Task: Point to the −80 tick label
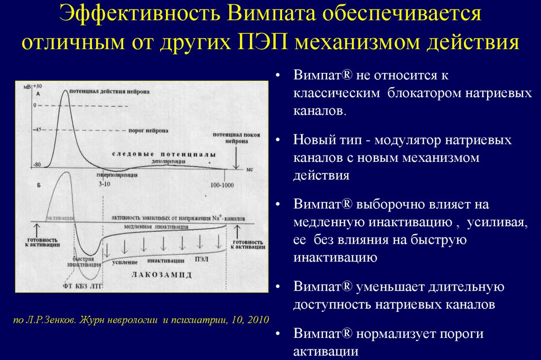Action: click(36, 165)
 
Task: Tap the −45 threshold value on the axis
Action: click(36, 130)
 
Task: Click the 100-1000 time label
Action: click(222, 185)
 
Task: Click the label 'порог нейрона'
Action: click(148, 130)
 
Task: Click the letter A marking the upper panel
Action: click(38, 94)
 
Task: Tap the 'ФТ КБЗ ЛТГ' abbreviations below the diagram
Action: click(81, 286)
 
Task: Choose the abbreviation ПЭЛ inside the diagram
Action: click(201, 260)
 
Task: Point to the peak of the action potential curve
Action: click(66, 91)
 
